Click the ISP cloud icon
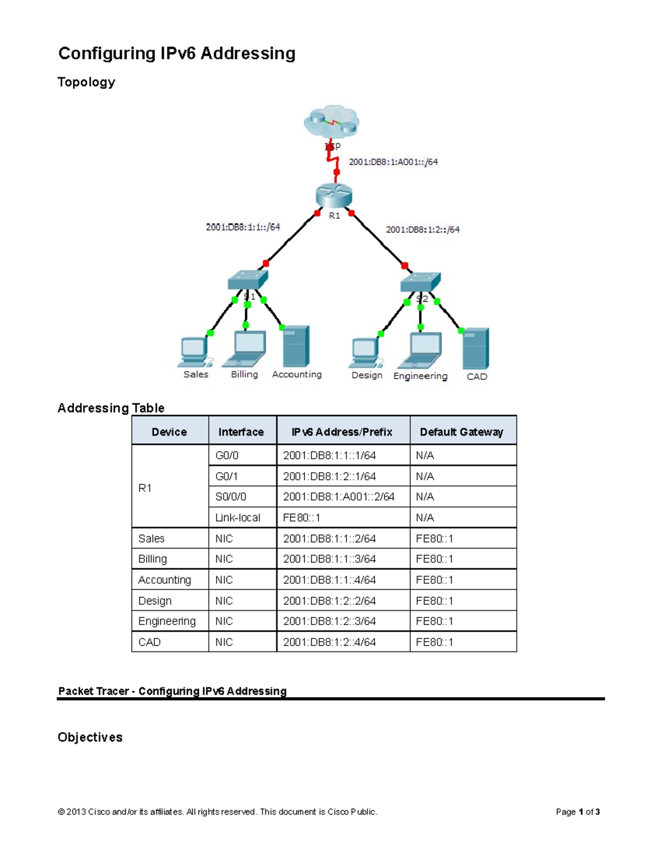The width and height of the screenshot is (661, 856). pyautogui.click(x=332, y=122)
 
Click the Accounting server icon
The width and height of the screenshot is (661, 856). pyautogui.click(x=296, y=346)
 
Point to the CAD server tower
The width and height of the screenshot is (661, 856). pyautogui.click(x=476, y=349)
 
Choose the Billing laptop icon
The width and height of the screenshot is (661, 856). pyautogui.click(x=245, y=349)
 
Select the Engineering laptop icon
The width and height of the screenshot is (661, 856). pyautogui.click(x=420, y=351)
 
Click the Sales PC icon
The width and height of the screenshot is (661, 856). pyautogui.click(x=195, y=352)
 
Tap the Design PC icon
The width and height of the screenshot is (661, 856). pyautogui.click(x=366, y=353)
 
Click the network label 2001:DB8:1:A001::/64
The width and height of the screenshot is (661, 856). pyautogui.click(x=393, y=162)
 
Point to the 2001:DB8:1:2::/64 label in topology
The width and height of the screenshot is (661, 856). pyautogui.click(x=422, y=229)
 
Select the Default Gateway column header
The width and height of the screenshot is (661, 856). pyautogui.click(x=462, y=432)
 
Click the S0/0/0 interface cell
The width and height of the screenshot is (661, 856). pyautogui.click(x=231, y=497)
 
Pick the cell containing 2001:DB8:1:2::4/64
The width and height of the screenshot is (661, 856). pyautogui.click(x=329, y=642)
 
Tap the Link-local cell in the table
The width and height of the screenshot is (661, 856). pyautogui.click(x=237, y=518)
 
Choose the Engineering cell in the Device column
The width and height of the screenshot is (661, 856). pyautogui.click(x=167, y=621)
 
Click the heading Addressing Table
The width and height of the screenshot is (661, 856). pyautogui.click(x=111, y=408)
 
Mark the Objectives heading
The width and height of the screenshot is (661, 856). pyautogui.click(x=90, y=737)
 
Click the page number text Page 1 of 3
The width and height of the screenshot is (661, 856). pyautogui.click(x=577, y=812)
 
